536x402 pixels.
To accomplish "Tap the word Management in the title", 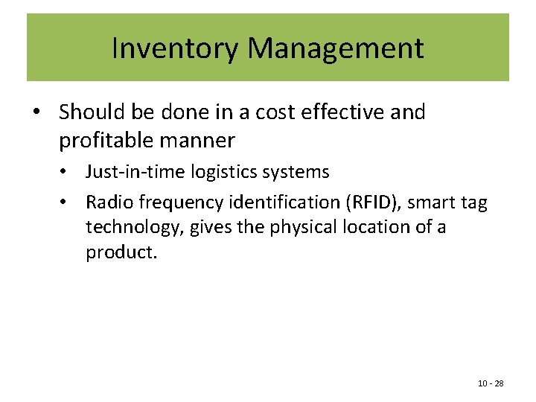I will pyautogui.click(x=335, y=48).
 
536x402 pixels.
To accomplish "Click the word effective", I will pyautogui.click(x=348, y=112).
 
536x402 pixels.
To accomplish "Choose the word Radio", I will pyautogui.click(x=106, y=202).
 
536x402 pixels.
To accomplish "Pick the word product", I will pyautogui.click(x=120, y=252).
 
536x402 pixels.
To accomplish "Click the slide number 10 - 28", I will pyautogui.click(x=491, y=383).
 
